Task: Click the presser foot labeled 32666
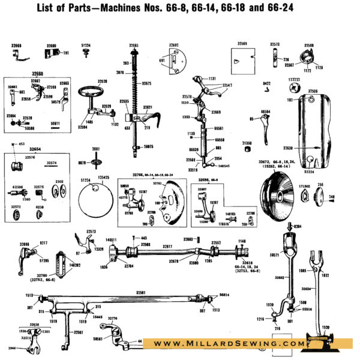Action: point(17,57)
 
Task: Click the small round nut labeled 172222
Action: point(293,88)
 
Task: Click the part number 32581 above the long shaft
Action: point(140,292)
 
